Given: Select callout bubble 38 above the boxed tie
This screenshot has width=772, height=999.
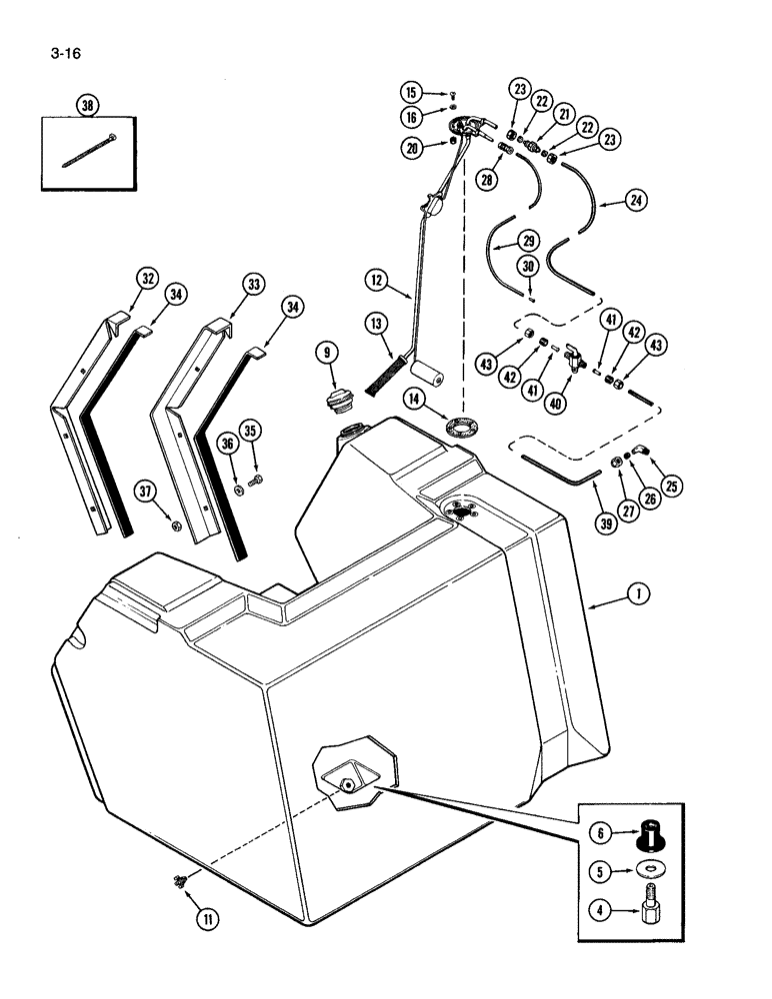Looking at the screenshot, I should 87,104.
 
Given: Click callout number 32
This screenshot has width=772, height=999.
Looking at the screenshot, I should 148,279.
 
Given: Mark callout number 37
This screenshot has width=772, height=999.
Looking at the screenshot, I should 146,491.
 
